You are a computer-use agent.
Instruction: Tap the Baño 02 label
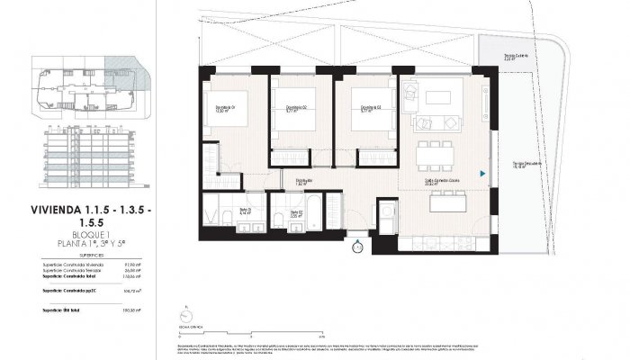[x=294, y=215]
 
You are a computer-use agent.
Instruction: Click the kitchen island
[x=446, y=203]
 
